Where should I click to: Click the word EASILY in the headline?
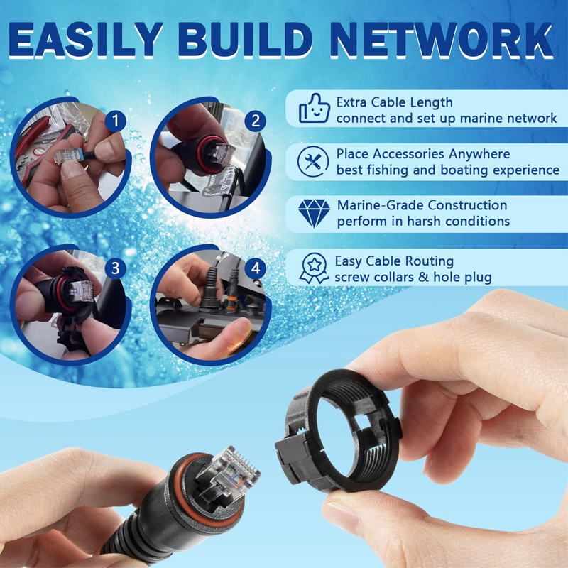click(x=86, y=40)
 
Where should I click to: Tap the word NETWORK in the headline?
click(x=442, y=40)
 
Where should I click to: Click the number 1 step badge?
click(x=116, y=121)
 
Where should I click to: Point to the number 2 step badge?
click(x=256, y=121)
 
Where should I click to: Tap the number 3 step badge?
click(x=116, y=268)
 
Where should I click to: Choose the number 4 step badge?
click(x=256, y=268)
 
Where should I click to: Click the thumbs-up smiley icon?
click(x=315, y=109)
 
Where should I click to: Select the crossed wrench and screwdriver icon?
click(x=313, y=162)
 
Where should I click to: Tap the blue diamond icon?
click(x=314, y=214)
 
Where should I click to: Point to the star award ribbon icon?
click(x=314, y=268)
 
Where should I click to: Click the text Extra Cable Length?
click(x=395, y=102)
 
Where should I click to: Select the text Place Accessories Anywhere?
click(x=423, y=154)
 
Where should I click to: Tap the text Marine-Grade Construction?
click(x=422, y=205)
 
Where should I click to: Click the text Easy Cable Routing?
click(x=394, y=261)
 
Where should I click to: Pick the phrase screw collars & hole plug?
click(x=413, y=277)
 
